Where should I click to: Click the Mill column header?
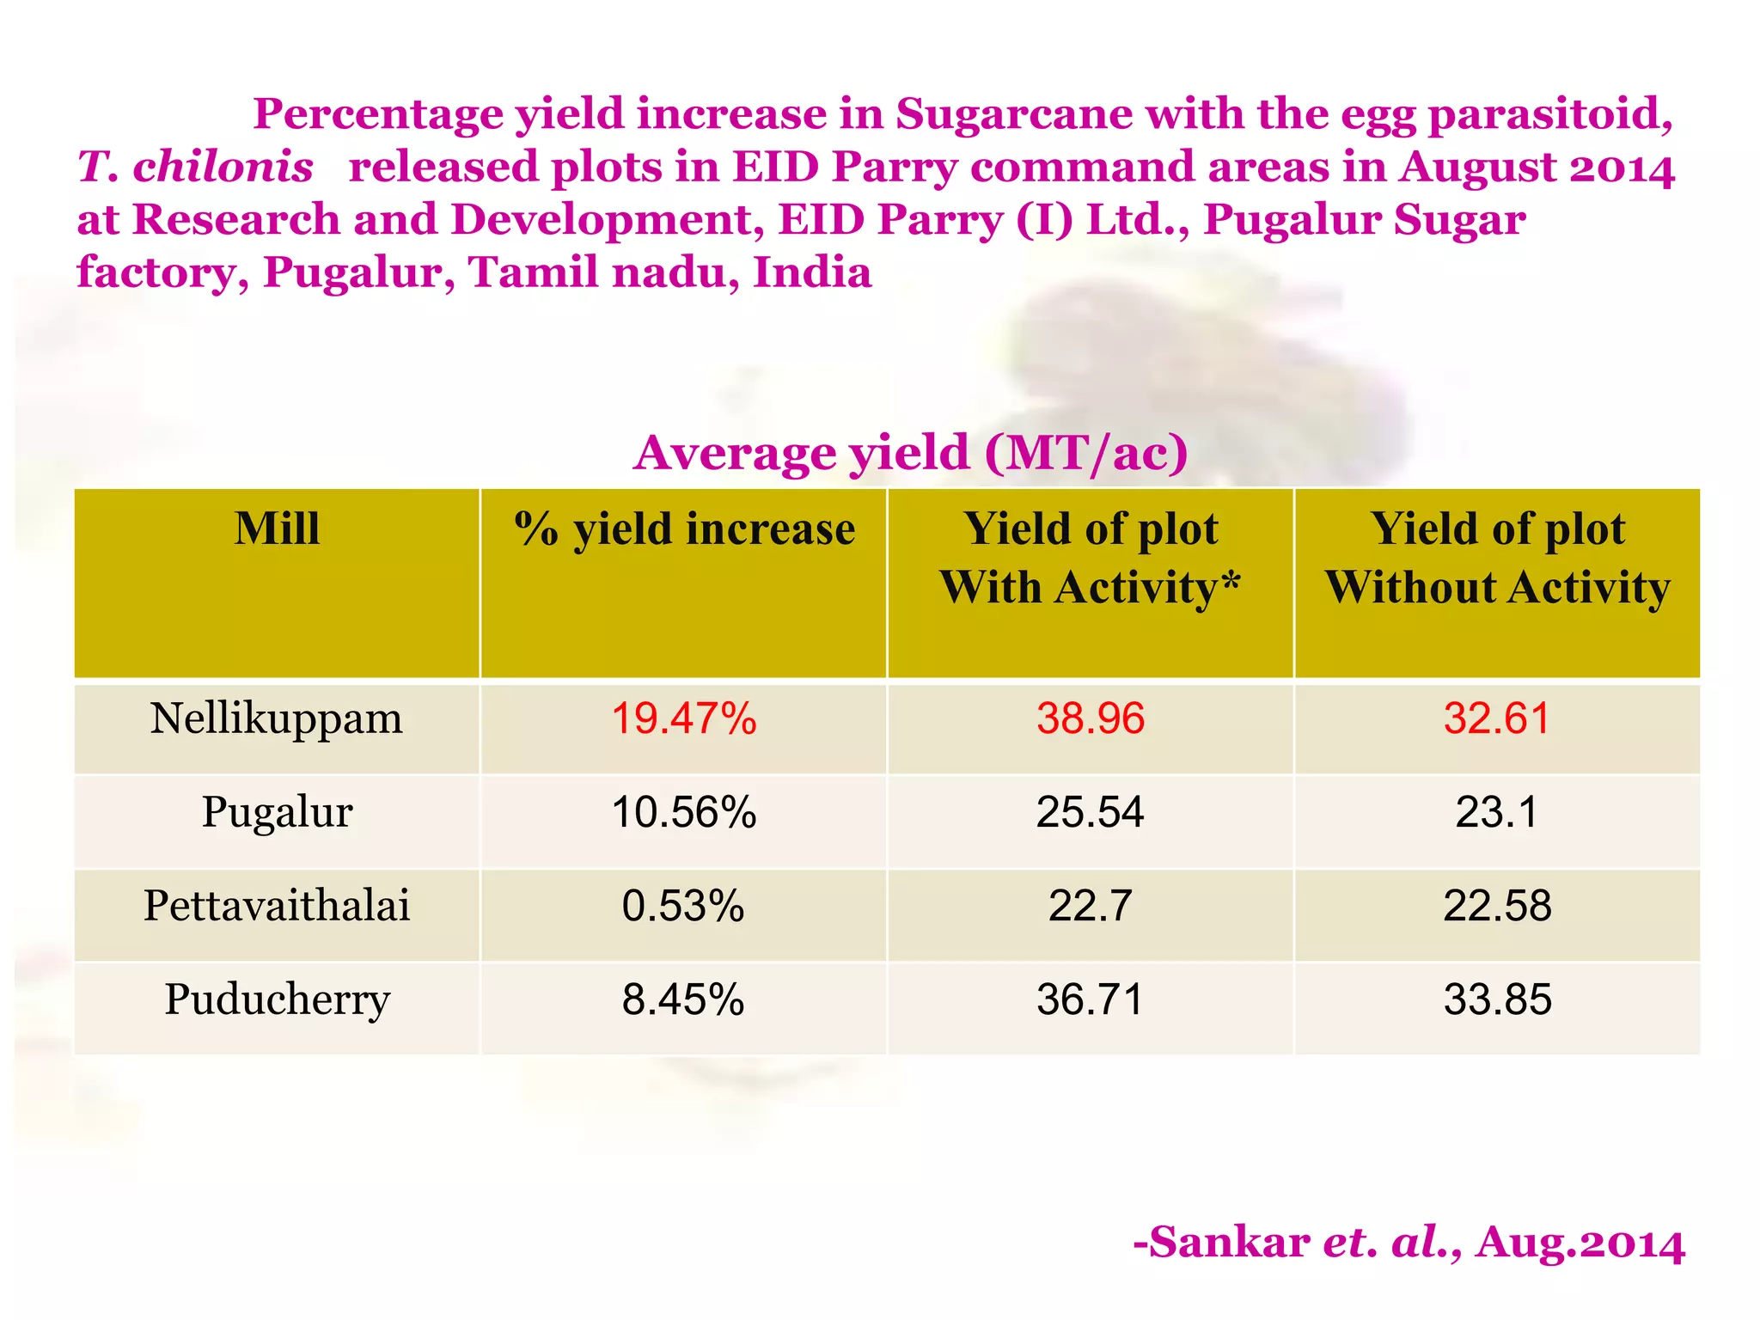[277, 529]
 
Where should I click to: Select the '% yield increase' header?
[684, 529]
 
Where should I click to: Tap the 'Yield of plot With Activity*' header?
[1090, 558]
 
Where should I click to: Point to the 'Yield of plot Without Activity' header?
[1497, 558]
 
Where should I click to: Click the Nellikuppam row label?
[277, 718]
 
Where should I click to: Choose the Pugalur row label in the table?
[277, 812]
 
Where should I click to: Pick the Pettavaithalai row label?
[277, 906]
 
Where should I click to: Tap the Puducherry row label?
[277, 999]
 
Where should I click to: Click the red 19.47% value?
[684, 718]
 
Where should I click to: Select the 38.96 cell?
[1090, 718]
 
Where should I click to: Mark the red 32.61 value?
[1497, 718]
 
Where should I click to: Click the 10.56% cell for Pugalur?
[684, 812]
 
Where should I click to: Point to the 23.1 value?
[1497, 812]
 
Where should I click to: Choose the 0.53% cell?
[684, 906]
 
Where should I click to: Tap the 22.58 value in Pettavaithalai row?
[1497, 906]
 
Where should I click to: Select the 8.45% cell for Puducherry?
[684, 999]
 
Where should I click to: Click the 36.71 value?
[1090, 999]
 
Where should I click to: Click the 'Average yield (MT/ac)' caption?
[911, 453]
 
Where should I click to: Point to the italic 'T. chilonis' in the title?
[196, 167]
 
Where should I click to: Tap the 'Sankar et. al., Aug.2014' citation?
[1409, 1243]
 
